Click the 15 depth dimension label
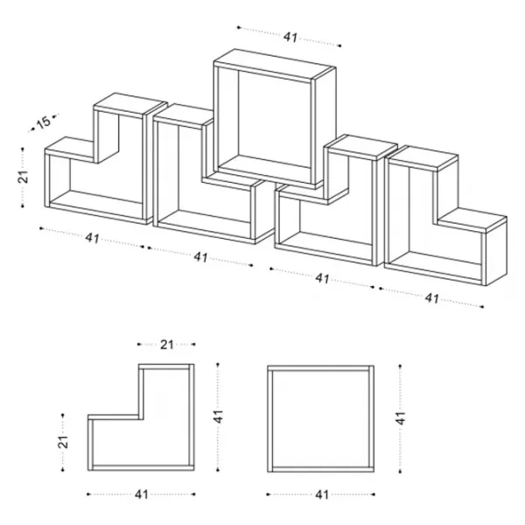44,122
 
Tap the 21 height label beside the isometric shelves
23,177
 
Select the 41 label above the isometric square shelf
290,37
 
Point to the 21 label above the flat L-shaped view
167,345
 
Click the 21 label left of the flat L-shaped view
63,442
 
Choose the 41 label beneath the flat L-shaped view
142,494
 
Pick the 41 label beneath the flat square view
322,494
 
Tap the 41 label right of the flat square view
401,418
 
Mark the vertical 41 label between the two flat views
218,416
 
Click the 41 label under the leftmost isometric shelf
93,238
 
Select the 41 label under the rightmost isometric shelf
432,298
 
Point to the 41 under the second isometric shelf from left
201,257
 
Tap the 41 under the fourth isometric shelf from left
322,278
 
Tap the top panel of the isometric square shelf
275,65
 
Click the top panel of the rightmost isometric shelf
423,158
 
